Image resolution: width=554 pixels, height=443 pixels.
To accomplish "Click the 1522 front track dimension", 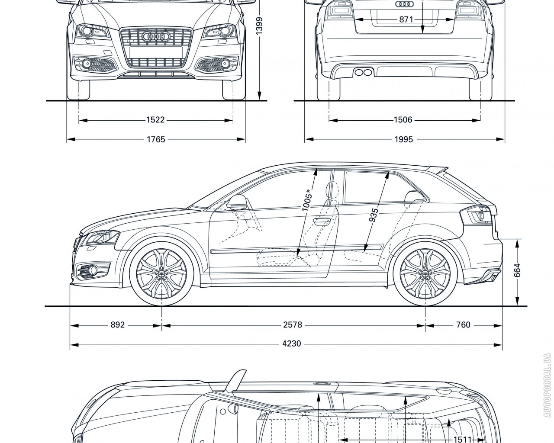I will (155, 120).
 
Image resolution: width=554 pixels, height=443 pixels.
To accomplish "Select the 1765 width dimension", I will (155, 139).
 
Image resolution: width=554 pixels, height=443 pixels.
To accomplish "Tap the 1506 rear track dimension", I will (403, 120).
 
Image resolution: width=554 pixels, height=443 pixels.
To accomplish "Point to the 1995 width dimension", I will (403, 139).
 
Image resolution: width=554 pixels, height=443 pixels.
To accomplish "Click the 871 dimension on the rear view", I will (406, 19).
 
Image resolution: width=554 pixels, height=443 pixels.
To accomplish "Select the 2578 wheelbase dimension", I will (293, 324).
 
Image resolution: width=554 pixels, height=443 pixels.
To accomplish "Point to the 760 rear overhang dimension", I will (463, 324).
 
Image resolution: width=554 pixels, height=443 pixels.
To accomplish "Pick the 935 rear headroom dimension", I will (374, 215).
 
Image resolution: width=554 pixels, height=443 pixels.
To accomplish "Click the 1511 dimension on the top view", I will (461, 439).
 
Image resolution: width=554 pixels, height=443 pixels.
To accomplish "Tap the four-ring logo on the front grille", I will (155, 38).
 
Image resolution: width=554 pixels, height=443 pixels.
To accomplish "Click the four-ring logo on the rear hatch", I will (405, 4).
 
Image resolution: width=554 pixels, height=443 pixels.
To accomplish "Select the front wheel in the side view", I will (161, 274).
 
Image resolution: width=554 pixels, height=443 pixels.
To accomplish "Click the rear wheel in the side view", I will (425, 274).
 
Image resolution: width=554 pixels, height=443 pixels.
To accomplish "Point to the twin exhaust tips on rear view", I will (363, 71).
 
